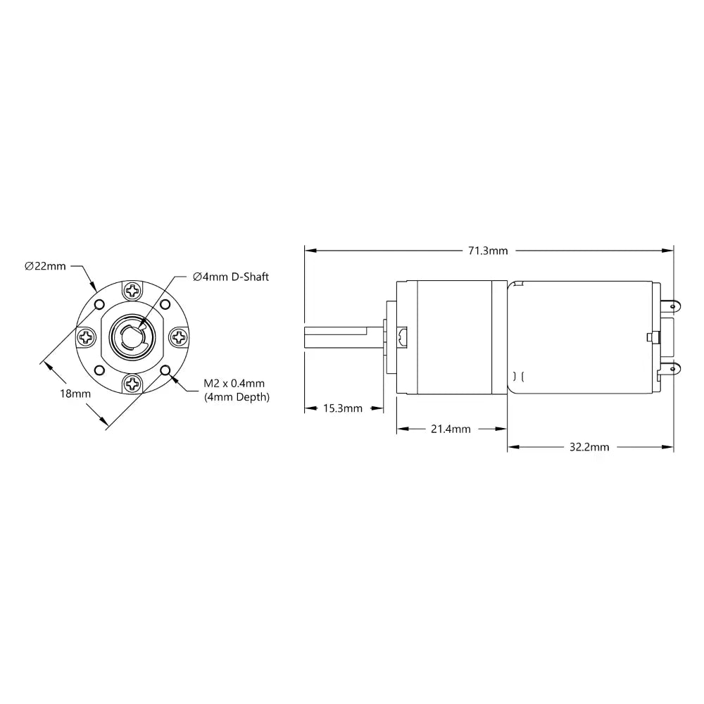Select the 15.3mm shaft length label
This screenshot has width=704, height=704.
343,408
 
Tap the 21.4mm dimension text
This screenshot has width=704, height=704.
451,429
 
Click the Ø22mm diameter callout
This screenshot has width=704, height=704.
45,266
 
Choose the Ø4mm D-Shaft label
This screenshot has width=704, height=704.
231,277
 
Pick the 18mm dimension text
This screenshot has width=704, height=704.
75,394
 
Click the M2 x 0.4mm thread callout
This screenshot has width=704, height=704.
234,383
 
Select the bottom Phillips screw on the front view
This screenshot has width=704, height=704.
132,383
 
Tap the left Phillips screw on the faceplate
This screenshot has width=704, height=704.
86,337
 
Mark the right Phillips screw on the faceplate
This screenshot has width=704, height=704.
179,337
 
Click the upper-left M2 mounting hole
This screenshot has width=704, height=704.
99,304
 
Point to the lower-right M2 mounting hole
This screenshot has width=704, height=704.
165,370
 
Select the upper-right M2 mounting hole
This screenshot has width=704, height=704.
165,304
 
